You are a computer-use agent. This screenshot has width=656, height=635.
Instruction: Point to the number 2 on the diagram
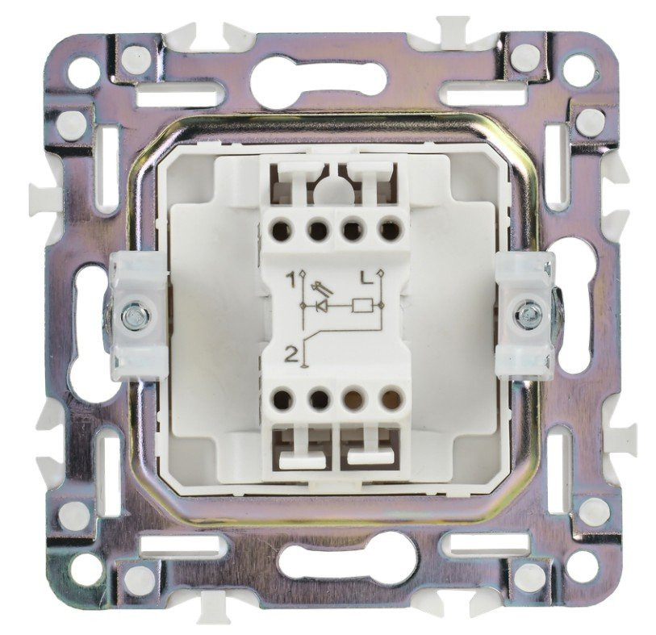pyautogui.click(x=291, y=355)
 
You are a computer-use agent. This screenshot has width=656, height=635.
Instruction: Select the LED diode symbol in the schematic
pyautogui.click(x=322, y=307)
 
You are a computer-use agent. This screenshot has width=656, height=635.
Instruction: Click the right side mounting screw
pyautogui.click(x=527, y=312)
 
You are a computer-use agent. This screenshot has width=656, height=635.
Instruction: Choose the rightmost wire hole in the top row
pyautogui.click(x=389, y=229)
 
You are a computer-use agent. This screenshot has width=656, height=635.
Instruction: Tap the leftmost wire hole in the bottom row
pyautogui.click(x=282, y=399)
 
